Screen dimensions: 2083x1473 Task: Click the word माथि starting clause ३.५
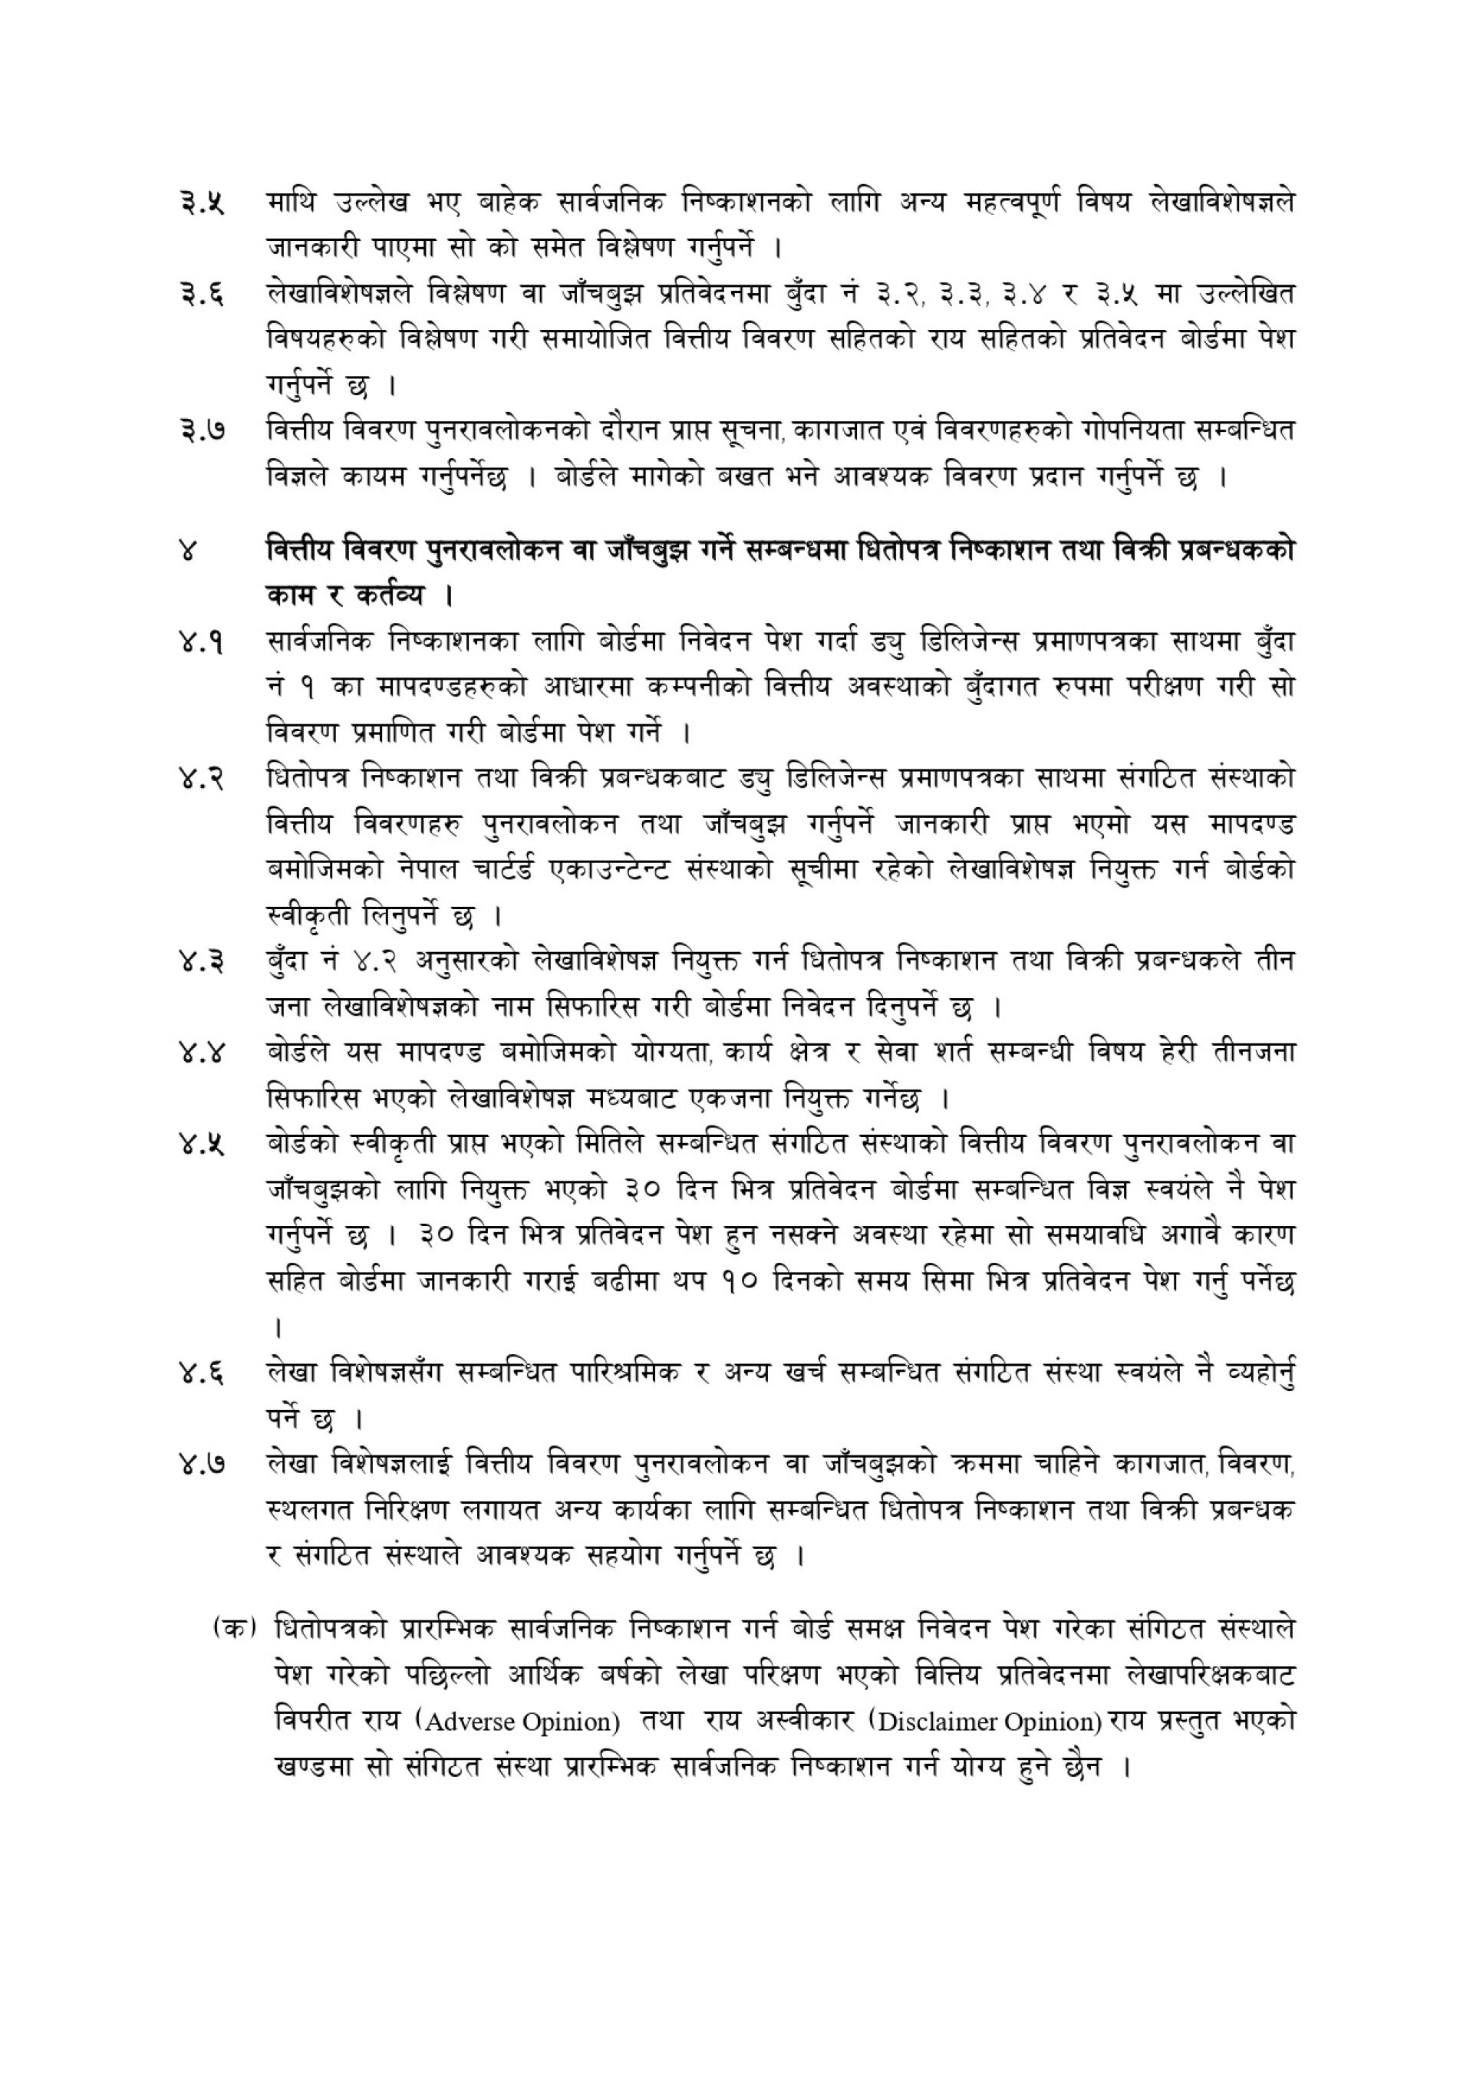click(x=292, y=202)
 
